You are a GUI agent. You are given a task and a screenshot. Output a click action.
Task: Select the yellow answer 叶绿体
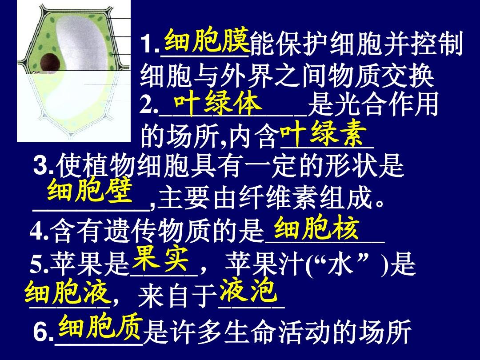[x=218, y=104]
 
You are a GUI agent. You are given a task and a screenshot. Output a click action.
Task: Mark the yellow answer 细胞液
[x=68, y=292]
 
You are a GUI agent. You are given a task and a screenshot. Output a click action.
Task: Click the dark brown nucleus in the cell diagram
[x=50, y=63]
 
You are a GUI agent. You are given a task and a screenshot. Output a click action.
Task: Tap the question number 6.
[x=41, y=332]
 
